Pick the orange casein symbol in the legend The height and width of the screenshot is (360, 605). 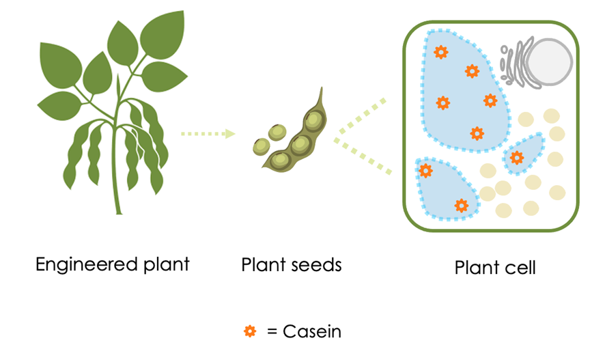[250, 332]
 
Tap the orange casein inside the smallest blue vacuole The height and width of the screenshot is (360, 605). [517, 158]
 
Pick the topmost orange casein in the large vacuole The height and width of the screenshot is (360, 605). [441, 51]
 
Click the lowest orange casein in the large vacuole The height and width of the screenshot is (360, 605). [477, 133]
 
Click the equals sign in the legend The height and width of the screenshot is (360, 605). [272, 333]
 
